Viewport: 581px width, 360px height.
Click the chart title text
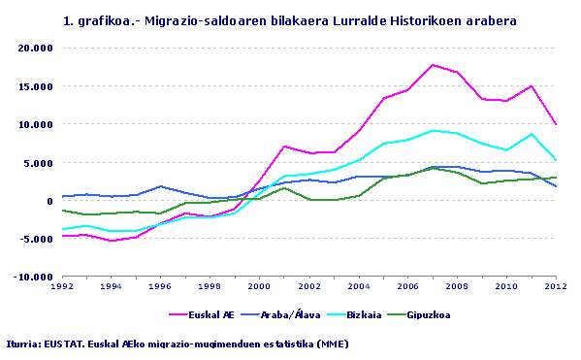pos(289,19)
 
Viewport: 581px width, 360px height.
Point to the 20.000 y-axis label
pos(37,48)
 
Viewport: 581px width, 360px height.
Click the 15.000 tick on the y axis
pos(37,86)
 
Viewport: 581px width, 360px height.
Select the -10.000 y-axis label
pos(35,278)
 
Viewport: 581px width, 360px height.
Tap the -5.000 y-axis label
pos(37,239)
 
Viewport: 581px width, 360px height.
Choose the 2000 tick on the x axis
pos(258,287)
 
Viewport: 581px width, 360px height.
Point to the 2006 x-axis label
pos(406,287)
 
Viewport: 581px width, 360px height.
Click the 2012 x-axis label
pos(554,287)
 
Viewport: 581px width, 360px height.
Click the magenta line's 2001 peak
pos(283,147)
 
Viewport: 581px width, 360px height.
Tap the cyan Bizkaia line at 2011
pos(531,134)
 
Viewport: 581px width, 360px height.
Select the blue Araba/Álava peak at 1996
pos(160,186)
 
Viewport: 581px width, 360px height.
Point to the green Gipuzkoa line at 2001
pos(283,188)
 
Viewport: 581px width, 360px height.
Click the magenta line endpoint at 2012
pos(555,124)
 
